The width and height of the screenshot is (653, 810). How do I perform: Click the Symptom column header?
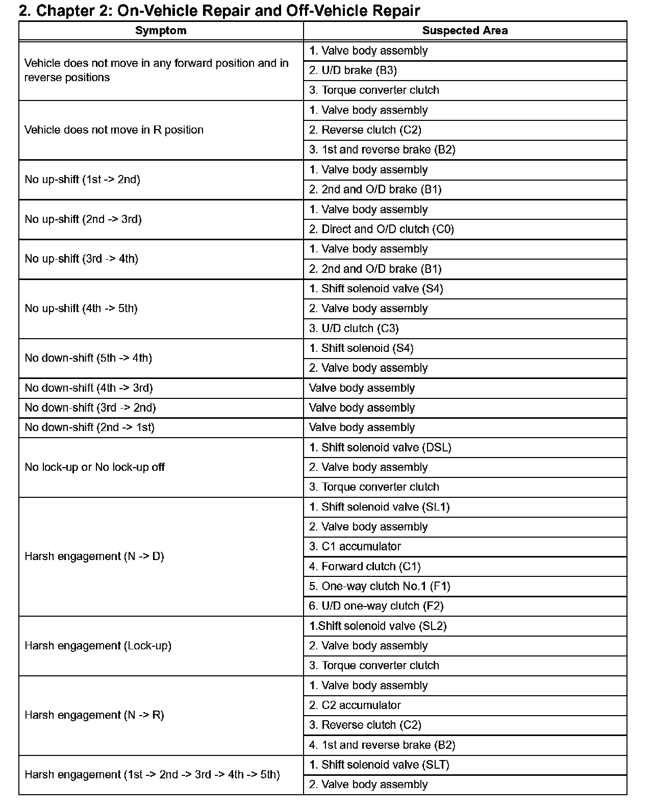click(161, 31)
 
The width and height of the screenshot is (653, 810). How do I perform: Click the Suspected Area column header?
click(465, 31)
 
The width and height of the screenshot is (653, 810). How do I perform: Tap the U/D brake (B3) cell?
click(353, 70)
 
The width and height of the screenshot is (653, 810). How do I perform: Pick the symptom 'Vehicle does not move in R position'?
click(114, 130)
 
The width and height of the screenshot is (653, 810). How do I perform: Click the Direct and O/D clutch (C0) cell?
click(381, 229)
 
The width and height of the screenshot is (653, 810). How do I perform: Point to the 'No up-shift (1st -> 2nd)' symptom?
click(82, 180)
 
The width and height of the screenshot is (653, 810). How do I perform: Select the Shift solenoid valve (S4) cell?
click(376, 289)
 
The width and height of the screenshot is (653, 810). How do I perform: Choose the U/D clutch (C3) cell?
click(354, 328)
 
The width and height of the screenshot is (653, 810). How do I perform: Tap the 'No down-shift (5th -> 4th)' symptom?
click(88, 358)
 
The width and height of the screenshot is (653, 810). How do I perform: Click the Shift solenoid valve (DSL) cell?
click(380, 447)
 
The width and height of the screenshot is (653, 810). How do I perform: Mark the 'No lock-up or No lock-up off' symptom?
click(94, 467)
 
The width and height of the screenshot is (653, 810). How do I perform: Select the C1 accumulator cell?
click(355, 546)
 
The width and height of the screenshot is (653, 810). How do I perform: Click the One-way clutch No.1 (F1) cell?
click(380, 586)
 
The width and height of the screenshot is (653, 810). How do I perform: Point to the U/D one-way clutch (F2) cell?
click(376, 606)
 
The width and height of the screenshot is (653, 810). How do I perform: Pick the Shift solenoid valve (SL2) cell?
click(378, 626)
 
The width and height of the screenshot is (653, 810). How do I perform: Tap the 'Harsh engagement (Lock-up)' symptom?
click(98, 646)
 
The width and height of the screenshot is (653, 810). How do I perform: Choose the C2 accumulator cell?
click(355, 705)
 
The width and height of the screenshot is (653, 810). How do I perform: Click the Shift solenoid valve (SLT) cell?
click(379, 765)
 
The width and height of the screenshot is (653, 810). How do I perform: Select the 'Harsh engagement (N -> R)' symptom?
click(94, 715)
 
